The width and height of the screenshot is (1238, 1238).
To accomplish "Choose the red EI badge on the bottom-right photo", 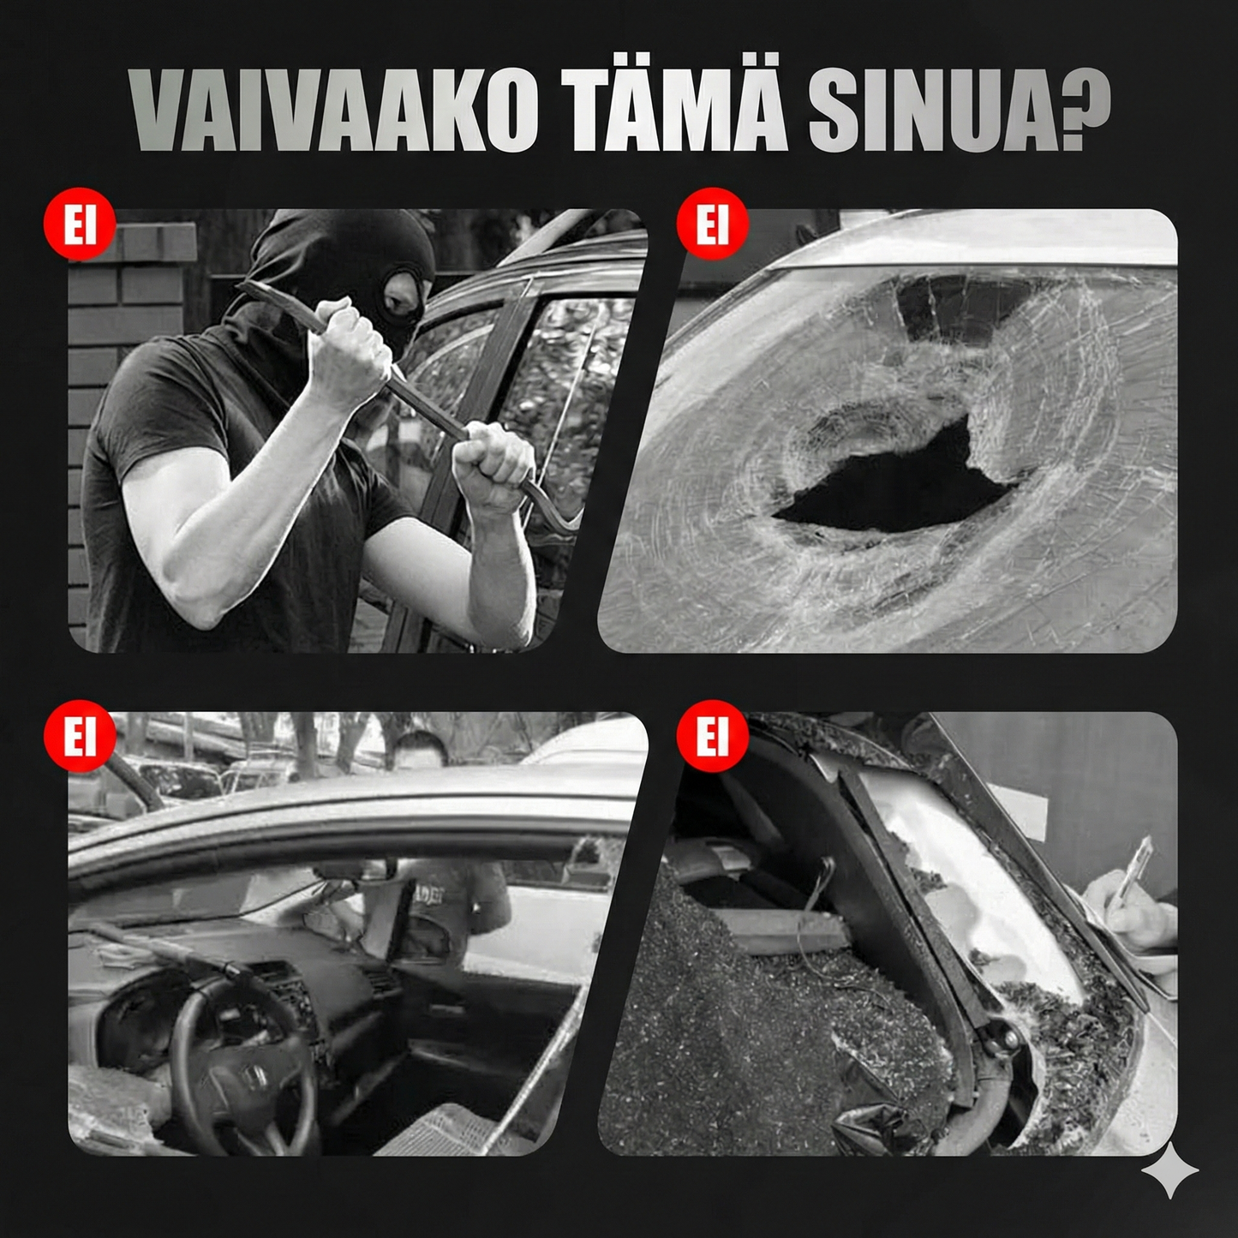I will (x=711, y=736).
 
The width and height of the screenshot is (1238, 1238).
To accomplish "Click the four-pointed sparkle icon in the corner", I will (x=1170, y=1169).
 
